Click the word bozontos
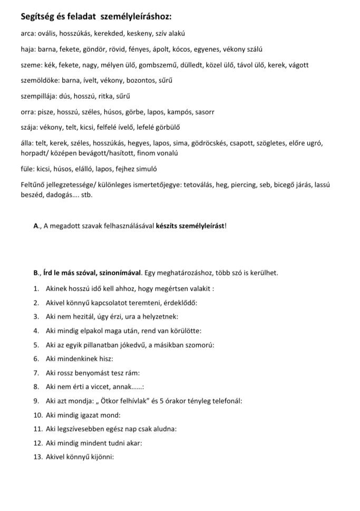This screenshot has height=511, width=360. pyautogui.click(x=137, y=81)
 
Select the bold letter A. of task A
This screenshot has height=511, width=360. pyautogui.click(x=36, y=226)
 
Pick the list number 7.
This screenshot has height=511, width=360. pyautogui.click(x=36, y=373)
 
